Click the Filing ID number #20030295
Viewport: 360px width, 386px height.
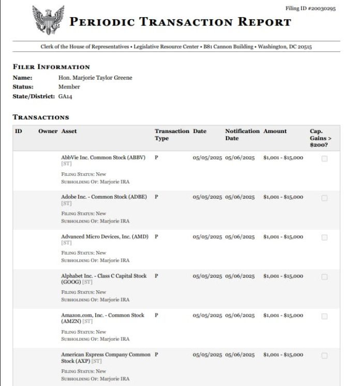311,9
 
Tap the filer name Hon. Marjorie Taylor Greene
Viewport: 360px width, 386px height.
95,78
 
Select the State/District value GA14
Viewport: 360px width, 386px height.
65,96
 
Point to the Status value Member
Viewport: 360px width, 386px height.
69,87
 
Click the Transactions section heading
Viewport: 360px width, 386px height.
41,117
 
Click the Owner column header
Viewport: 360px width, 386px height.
48,131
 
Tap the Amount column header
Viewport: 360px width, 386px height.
275,131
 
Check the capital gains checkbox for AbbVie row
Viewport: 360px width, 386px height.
324,159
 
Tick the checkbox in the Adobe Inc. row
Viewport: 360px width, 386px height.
324,198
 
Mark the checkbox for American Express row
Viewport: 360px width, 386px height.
324,355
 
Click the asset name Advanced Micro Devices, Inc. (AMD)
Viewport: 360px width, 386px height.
104,236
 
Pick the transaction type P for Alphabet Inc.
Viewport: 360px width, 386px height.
156,276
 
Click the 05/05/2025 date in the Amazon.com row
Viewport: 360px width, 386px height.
207,315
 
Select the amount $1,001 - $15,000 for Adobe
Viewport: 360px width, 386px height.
283,197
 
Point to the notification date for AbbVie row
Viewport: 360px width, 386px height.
239,158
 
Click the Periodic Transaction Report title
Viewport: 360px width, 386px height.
180,22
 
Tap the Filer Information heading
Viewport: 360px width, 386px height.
51,67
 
